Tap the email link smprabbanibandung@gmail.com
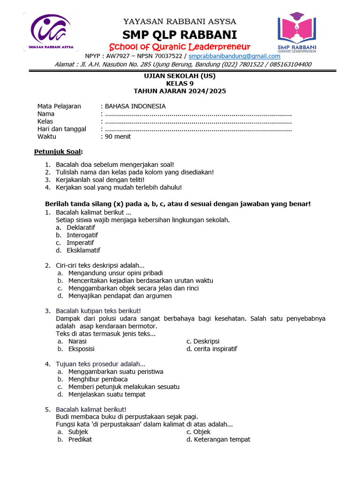234,56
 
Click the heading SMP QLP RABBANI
180,35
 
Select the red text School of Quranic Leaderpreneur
180,46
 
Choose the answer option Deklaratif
81,227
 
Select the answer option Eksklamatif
83,250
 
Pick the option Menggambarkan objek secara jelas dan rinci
133,288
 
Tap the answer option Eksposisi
81,349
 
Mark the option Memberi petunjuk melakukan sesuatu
124,387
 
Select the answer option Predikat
80,439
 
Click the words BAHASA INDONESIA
135,106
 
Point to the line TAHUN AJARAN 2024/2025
180,91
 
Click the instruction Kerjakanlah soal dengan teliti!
100,180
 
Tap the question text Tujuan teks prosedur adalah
100,364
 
